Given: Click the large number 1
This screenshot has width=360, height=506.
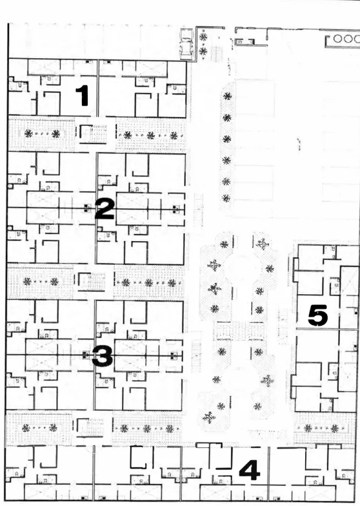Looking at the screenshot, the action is [82, 95].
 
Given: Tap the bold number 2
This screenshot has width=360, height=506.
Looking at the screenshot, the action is [104, 209].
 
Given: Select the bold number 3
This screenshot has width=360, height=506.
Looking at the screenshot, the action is [103, 356].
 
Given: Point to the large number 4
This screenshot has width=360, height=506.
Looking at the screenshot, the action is [250, 470].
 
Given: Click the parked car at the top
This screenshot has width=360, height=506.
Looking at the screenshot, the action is [187, 44].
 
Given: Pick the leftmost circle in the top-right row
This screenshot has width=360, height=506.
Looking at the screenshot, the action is [338, 38].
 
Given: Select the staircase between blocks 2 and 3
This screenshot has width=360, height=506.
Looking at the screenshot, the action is [92, 282].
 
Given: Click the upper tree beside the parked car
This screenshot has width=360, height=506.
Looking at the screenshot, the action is [203, 37].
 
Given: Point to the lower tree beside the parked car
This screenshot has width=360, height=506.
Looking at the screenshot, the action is [203, 51].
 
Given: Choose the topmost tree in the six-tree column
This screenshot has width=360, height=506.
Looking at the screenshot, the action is [228, 96].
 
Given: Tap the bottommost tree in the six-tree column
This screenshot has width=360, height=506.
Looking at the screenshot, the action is [226, 198].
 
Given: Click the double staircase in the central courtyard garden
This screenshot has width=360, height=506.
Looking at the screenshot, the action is [239, 331].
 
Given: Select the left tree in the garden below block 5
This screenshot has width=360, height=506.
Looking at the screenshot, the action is [308, 428].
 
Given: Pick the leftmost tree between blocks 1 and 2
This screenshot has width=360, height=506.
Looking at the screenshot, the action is [29, 133].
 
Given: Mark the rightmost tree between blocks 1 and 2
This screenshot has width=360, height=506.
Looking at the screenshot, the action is [174, 136].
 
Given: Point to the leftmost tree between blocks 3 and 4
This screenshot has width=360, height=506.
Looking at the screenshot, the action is [26, 428].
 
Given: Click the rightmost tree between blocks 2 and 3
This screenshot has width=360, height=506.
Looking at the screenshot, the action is [172, 283].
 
